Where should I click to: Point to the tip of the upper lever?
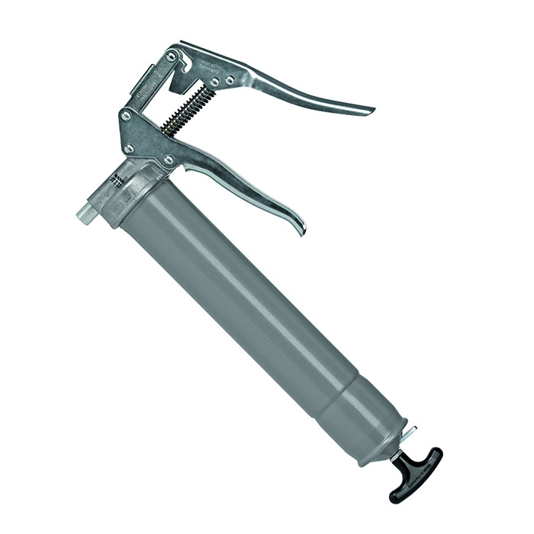pos(369,110)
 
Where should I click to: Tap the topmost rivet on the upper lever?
pos(171,56)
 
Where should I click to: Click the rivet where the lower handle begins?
pos(169,160)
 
